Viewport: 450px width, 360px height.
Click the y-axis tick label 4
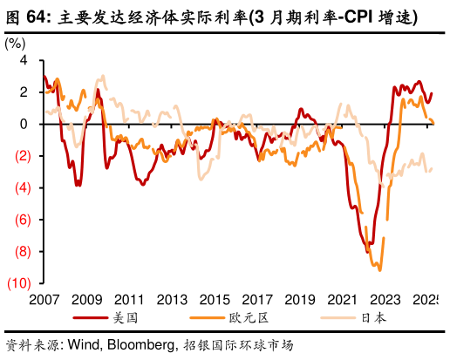pos(24,60)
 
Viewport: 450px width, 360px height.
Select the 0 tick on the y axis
pos(24,124)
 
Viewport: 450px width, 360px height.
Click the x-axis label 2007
pos(44,300)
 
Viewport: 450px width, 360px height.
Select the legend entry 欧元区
pos(257,319)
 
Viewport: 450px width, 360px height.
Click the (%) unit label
pos(16,43)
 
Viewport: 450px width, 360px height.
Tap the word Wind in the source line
pos(82,345)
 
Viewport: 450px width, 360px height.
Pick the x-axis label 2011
pos(128,300)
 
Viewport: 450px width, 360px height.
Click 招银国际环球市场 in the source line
pos(237,345)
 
